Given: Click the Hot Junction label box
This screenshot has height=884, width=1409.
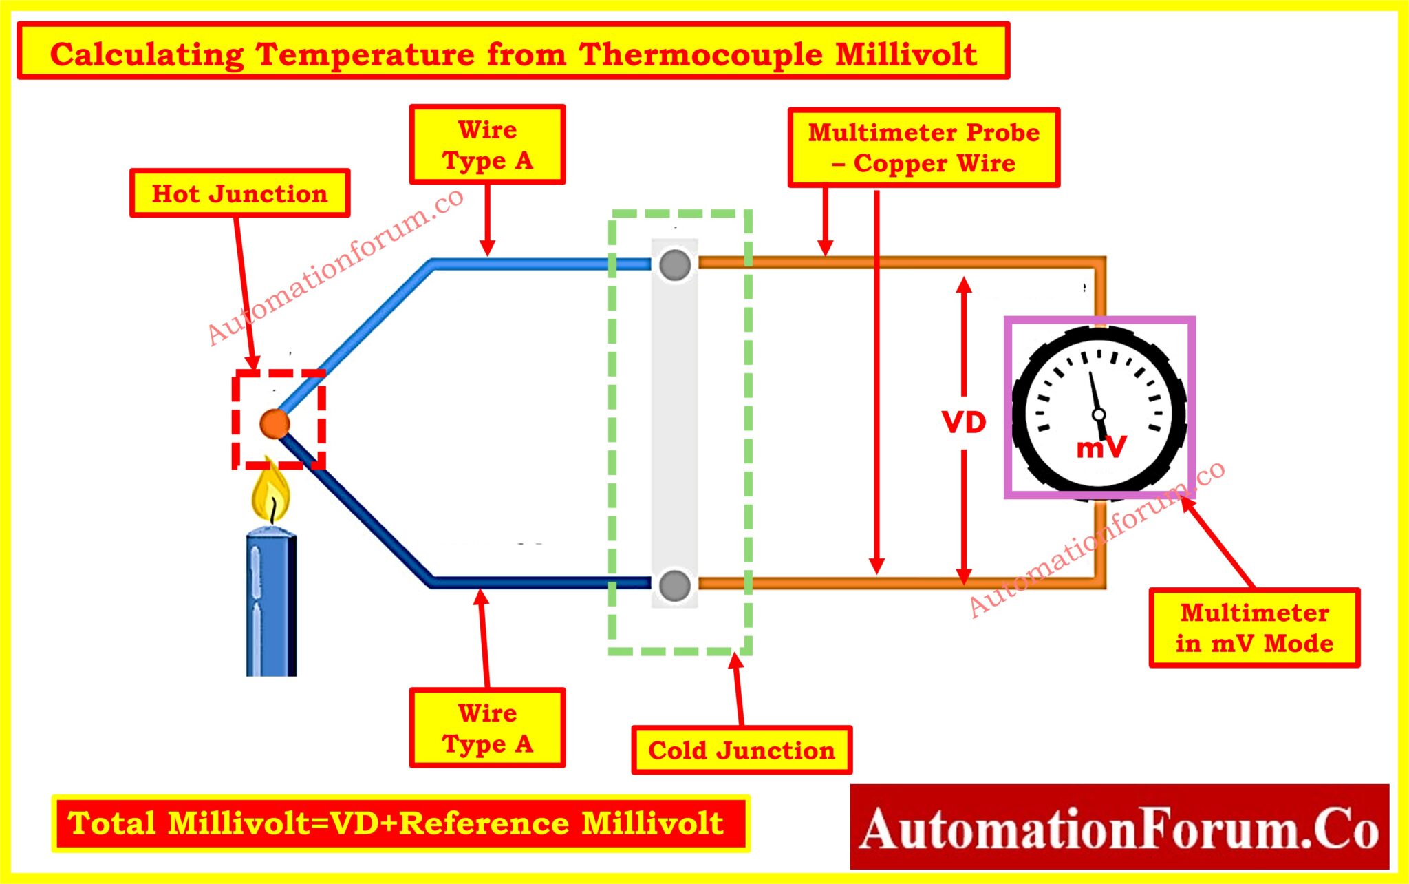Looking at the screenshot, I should pyautogui.click(x=239, y=193).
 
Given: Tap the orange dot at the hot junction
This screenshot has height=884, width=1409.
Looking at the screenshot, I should pyautogui.click(x=275, y=424).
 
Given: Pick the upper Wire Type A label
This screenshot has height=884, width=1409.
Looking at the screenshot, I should pyautogui.click(x=487, y=145).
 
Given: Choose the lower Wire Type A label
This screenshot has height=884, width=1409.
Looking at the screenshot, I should pyautogui.click(x=487, y=728).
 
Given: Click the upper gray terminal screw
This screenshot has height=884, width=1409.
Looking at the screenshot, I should pyautogui.click(x=675, y=265).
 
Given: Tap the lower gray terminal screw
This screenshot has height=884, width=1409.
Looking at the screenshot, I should pyautogui.click(x=675, y=585).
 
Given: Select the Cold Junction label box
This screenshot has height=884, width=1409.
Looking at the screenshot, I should pyautogui.click(x=741, y=750).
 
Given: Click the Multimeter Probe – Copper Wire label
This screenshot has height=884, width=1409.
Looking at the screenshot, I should pyautogui.click(x=923, y=147).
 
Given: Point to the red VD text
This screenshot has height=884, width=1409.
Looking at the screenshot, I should pyautogui.click(x=964, y=423).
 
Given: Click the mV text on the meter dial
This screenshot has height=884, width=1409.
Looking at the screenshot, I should pyautogui.click(x=1101, y=448).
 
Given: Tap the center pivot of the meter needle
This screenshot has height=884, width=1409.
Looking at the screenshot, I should pyautogui.click(x=1099, y=414).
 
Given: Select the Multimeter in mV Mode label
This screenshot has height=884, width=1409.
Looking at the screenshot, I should pyautogui.click(x=1254, y=627).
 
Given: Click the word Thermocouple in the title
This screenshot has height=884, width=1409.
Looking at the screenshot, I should pyautogui.click(x=700, y=54).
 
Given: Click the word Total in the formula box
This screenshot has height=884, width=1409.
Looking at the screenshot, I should pyautogui.click(x=112, y=823).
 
